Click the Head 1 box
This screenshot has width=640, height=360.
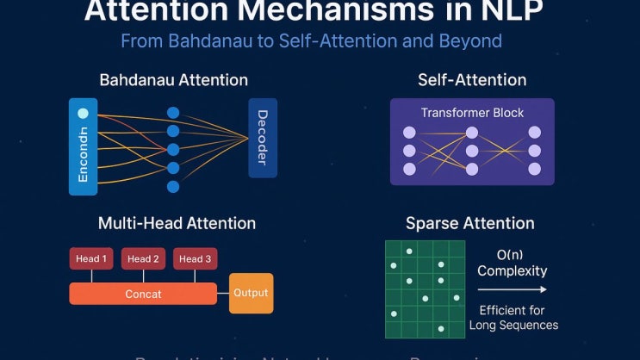click(91, 258)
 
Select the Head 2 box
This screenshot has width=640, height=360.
click(143, 258)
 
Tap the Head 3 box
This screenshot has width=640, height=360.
click(195, 258)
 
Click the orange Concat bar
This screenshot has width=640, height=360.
click(143, 294)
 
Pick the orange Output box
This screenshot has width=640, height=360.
click(251, 293)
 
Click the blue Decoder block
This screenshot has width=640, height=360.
click(263, 138)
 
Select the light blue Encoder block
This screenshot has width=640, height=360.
click(84, 146)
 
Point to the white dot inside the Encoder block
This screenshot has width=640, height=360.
click(83, 113)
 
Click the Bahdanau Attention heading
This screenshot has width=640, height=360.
click(173, 80)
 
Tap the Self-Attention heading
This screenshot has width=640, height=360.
click(471, 80)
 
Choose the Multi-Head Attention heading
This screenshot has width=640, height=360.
click(177, 223)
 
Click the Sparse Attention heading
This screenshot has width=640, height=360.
click(469, 223)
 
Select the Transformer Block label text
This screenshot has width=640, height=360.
click(472, 113)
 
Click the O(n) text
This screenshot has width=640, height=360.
click(513, 254)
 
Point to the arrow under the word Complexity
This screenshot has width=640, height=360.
click(513, 290)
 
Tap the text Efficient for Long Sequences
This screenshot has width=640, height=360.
click(513, 317)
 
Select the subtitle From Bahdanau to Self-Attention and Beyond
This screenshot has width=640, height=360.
click(311, 40)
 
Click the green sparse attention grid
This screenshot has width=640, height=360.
click(425, 289)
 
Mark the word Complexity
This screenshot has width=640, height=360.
click(513, 270)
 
